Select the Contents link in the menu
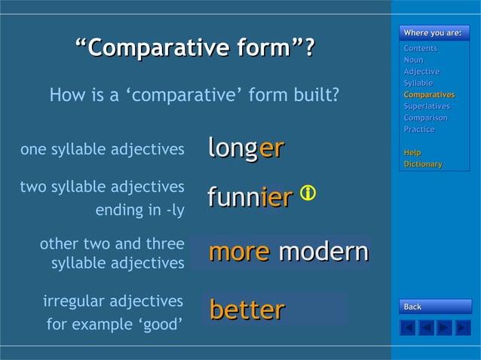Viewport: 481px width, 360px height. [420, 48]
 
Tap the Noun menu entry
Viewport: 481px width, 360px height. [413, 59]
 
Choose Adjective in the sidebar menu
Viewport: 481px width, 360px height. [421, 72]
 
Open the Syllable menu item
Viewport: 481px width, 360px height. [418, 83]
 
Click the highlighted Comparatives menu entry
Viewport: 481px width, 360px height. [429, 95]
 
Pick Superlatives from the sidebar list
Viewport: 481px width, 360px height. [427, 106]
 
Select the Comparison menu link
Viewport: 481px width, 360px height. [425, 117]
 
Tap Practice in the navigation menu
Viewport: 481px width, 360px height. [419, 130]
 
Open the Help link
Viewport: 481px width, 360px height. [412, 153]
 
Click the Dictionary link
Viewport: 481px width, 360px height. [423, 164]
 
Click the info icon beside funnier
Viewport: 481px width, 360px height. [308, 194]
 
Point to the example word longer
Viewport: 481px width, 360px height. [246, 148]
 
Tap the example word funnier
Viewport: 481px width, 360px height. [250, 197]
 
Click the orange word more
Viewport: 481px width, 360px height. [239, 252]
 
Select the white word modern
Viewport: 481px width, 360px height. [323, 252]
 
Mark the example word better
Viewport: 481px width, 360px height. [247, 310]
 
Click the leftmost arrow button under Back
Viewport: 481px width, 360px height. [407, 328]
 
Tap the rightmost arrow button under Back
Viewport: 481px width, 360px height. [463, 328]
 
